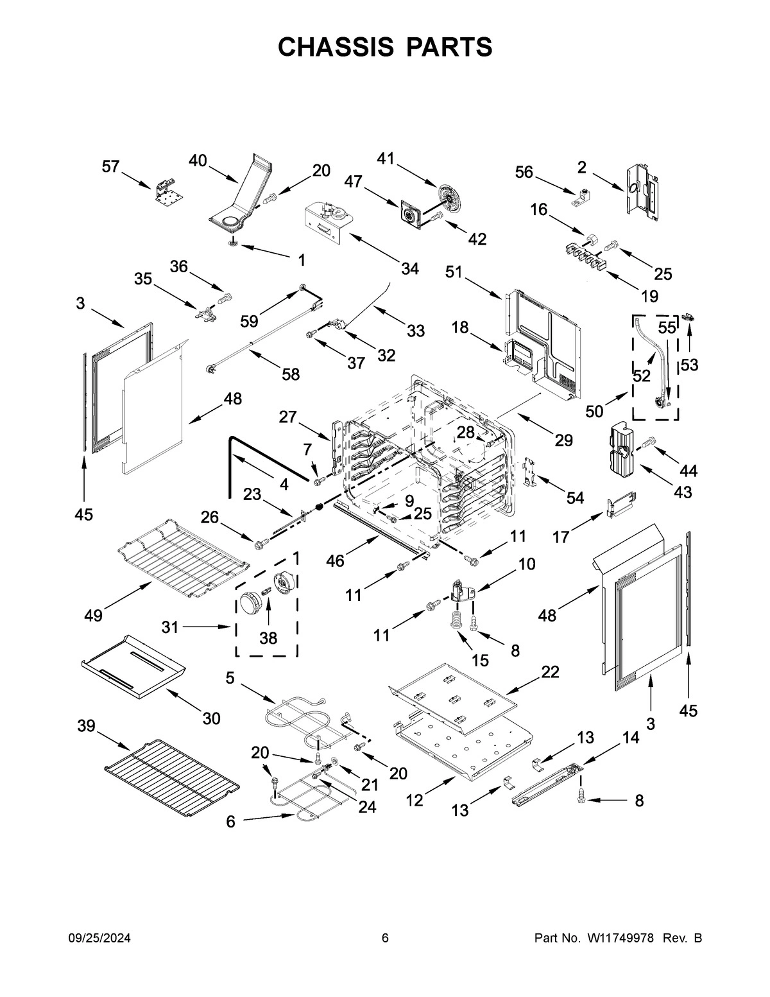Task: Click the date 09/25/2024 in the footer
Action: coord(99,939)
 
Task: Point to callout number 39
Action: coord(87,726)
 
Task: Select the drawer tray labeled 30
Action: coord(133,665)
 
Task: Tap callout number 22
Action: coord(550,672)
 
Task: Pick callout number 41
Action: coord(386,158)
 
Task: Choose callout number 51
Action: coord(454,272)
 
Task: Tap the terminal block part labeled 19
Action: coord(586,256)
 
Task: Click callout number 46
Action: coord(335,561)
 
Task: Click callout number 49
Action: coord(93,616)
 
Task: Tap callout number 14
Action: coord(631,738)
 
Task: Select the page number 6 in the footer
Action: coord(385,939)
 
